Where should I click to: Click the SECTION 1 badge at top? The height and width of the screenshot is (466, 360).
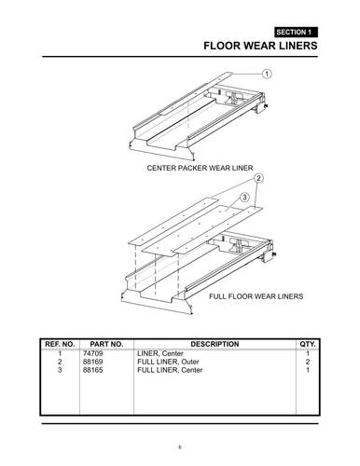(x=296, y=31)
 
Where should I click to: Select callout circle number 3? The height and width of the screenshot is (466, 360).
(x=244, y=197)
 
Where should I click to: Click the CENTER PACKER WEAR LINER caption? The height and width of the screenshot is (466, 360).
(x=200, y=169)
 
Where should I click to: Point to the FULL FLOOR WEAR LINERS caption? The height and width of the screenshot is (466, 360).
(x=256, y=296)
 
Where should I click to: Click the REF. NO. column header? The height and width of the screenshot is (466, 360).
(x=60, y=344)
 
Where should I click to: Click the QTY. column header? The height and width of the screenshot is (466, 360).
(x=307, y=344)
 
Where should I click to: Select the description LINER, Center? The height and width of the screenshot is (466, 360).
(x=160, y=354)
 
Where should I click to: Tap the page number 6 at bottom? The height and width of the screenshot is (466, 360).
(x=180, y=446)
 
